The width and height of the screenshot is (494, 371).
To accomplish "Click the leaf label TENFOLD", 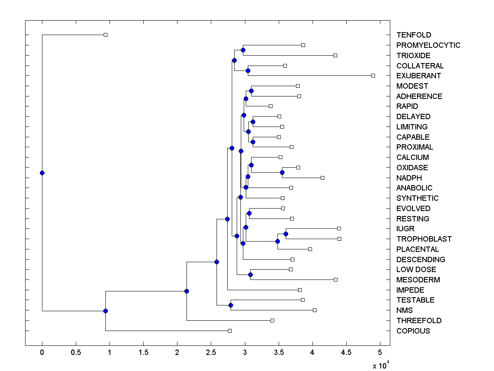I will (x=414, y=35).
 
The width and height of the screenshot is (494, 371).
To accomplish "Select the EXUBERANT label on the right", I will (x=418, y=76).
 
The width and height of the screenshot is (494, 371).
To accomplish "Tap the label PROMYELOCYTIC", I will (x=428, y=45).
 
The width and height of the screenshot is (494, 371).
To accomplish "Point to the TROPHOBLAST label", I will (x=424, y=239).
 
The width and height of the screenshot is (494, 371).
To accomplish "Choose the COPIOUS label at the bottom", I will (x=413, y=331).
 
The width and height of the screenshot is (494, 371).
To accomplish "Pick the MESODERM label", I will (x=418, y=280).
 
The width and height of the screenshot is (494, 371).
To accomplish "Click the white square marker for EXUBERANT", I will (x=373, y=75).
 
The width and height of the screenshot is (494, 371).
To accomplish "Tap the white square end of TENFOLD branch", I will (x=105, y=35).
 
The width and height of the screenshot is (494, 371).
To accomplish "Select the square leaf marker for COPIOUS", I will (x=230, y=331).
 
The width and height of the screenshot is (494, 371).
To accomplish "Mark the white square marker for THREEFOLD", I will (x=272, y=320).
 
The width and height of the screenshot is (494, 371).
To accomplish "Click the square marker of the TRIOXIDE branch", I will (x=335, y=55).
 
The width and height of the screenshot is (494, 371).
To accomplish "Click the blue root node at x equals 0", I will (x=42, y=173).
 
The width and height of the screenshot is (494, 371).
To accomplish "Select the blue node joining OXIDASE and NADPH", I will (x=282, y=172).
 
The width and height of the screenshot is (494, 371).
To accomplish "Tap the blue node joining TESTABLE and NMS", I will (x=231, y=305).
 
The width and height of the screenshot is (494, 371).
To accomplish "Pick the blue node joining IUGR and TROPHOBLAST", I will (x=286, y=234).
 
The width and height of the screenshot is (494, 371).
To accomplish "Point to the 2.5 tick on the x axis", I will (x=211, y=353).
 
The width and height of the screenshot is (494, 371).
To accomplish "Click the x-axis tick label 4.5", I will (x=346, y=353).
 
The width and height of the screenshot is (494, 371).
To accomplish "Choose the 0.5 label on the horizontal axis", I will (x=76, y=353).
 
